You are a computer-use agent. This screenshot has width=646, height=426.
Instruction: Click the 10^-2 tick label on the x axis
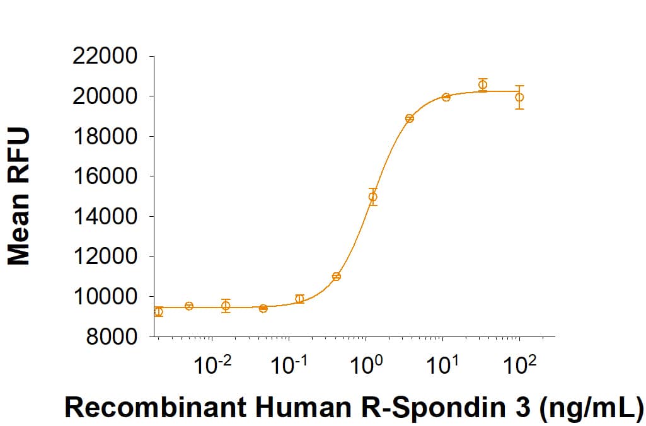[212, 364]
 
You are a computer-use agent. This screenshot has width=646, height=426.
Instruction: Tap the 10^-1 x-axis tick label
[288, 364]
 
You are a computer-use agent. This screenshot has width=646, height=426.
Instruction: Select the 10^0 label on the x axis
[366, 364]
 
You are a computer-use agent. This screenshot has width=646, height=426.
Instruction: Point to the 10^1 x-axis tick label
[442, 364]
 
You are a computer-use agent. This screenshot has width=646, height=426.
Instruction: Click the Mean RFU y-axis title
[18, 197]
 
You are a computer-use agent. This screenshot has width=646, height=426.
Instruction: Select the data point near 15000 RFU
[373, 197]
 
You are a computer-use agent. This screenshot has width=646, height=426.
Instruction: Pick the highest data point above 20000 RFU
[483, 84]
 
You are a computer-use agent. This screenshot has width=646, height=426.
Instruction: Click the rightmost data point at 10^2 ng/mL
[519, 97]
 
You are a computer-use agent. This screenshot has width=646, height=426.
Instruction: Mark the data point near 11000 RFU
[337, 277]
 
